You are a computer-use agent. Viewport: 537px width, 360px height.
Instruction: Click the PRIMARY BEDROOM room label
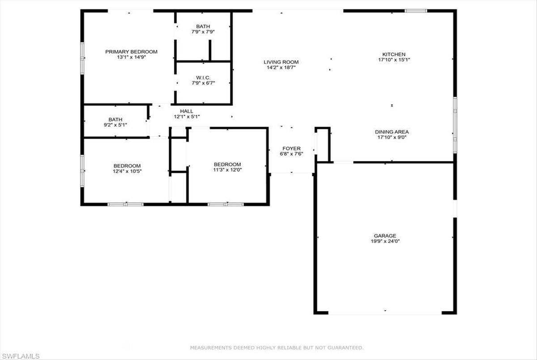tap(132, 52)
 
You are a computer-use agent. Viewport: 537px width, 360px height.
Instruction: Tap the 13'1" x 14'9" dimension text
tap(132, 57)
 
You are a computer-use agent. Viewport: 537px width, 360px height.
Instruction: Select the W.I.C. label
tap(203, 78)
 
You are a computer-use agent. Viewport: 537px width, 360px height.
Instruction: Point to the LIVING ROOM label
tap(281, 62)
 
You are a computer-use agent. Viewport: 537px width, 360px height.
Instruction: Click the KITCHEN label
tap(394, 55)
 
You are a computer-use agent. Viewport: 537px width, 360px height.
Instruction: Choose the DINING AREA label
tap(392, 132)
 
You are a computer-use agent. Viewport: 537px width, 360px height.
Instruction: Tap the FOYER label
tap(291, 148)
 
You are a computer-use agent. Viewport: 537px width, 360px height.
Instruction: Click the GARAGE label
tap(385, 236)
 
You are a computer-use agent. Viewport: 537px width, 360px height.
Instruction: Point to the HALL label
tap(187, 111)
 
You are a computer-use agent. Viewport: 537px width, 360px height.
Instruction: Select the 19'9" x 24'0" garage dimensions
tap(385, 241)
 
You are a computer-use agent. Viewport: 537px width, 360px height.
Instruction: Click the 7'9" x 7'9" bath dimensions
tap(203, 32)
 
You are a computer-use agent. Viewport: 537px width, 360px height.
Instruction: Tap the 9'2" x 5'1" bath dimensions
tap(115, 125)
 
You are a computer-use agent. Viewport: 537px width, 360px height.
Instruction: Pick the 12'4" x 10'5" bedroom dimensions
tap(127, 171)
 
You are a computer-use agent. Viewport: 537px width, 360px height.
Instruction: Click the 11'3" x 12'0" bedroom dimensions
tap(227, 170)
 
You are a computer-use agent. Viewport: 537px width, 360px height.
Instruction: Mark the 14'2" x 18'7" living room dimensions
tap(281, 68)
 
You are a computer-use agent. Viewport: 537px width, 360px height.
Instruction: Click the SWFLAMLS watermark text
tap(21, 356)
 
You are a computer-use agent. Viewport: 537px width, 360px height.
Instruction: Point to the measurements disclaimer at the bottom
tap(277, 347)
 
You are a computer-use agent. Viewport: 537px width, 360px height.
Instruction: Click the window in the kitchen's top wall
tap(416, 11)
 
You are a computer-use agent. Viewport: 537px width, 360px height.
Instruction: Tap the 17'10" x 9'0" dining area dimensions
tap(392, 137)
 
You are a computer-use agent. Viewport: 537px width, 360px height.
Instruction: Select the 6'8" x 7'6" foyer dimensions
tap(291, 154)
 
